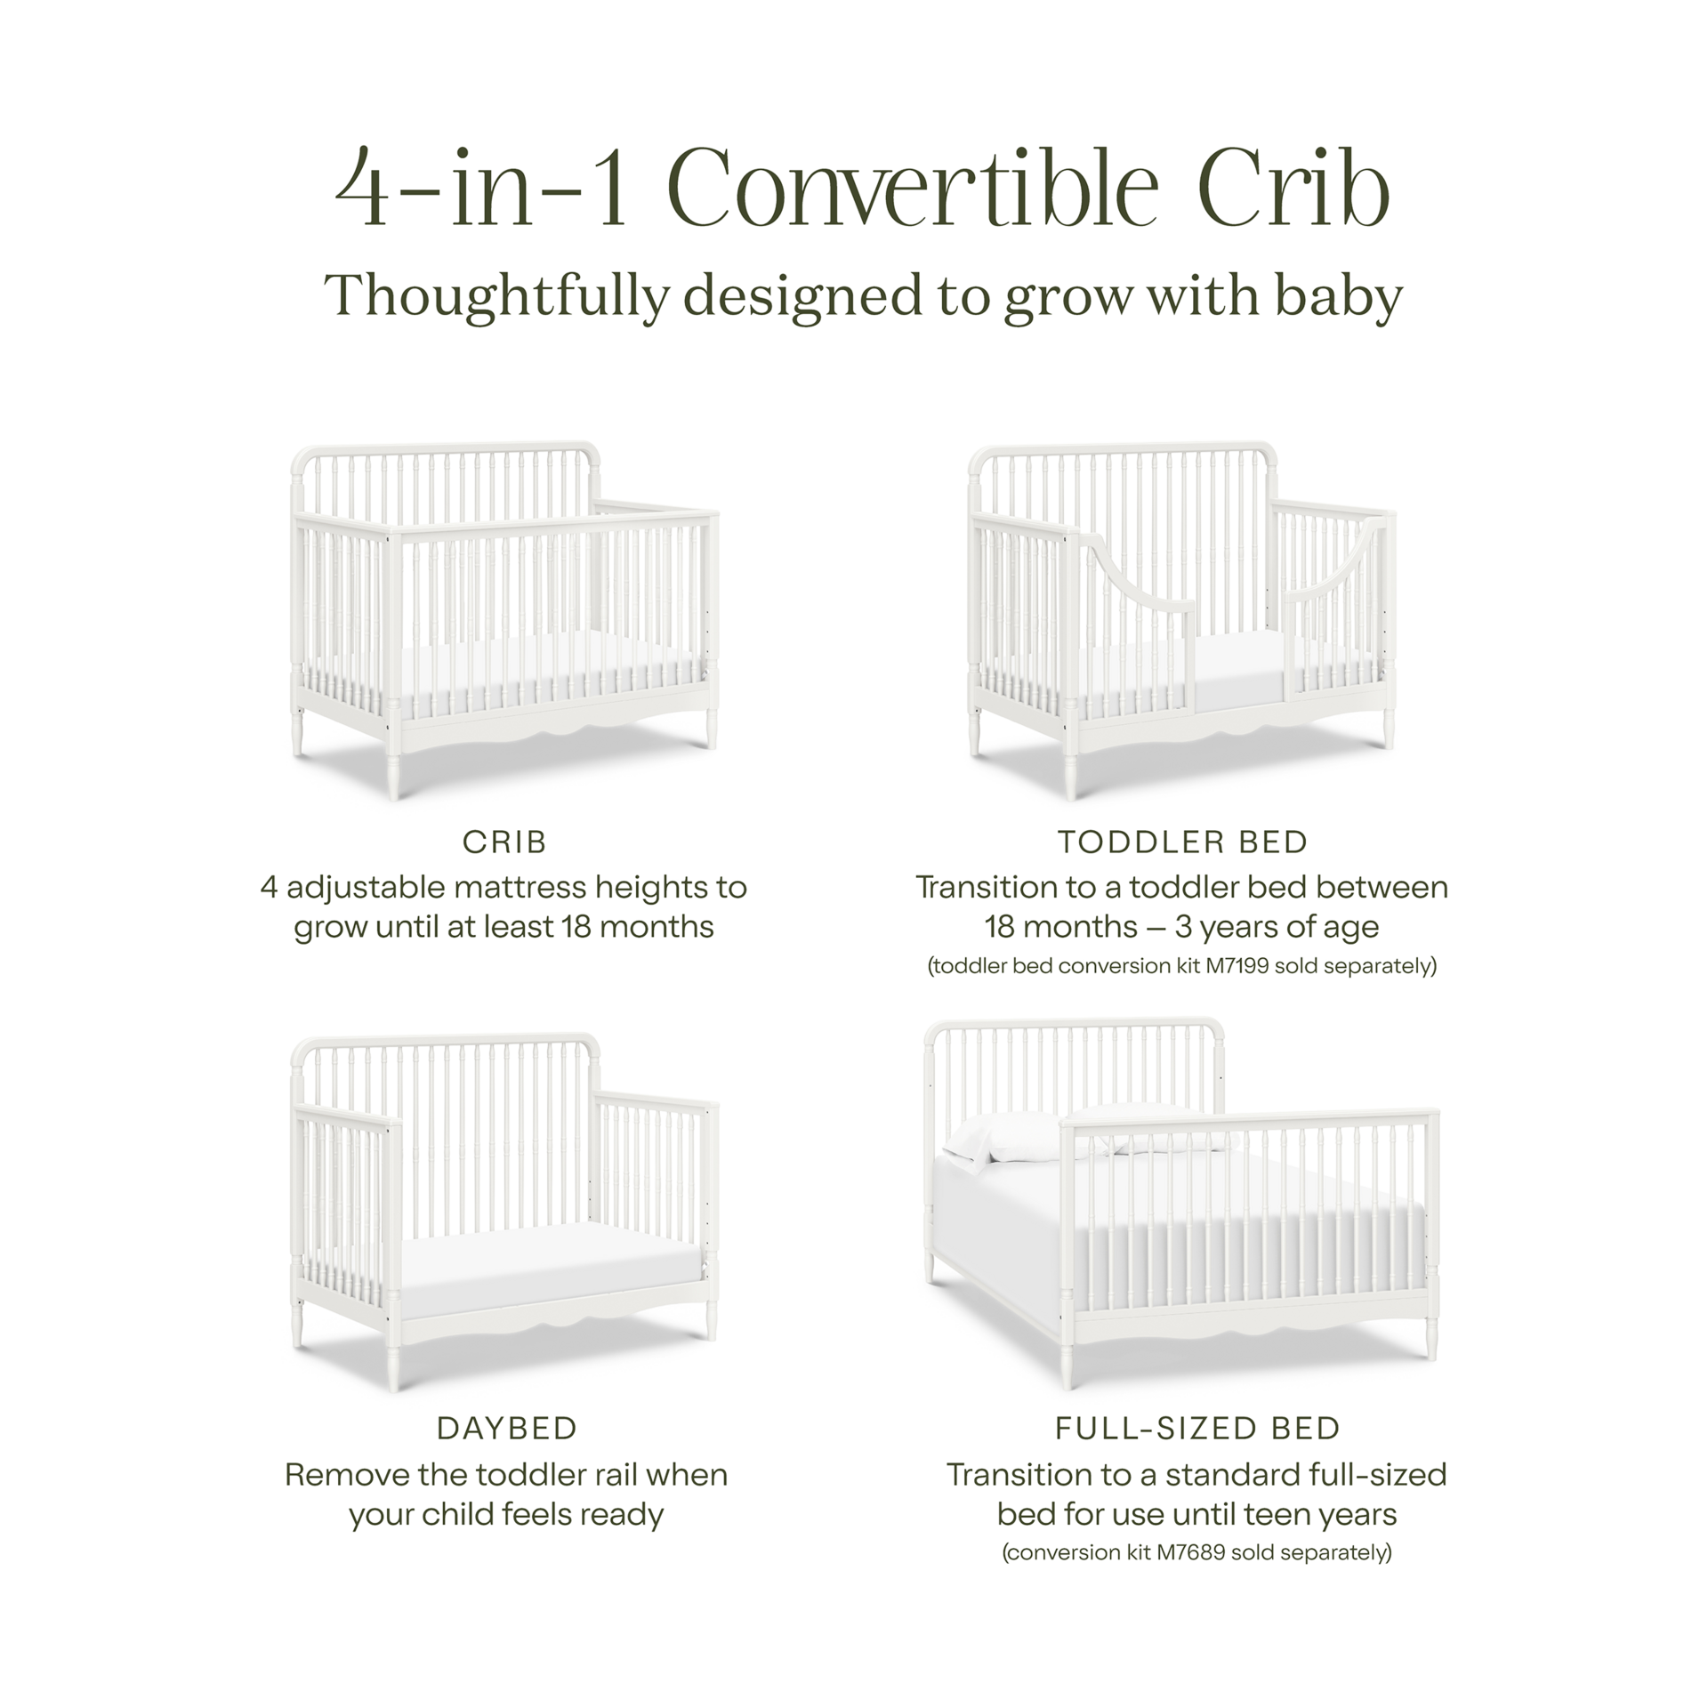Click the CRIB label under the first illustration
(x=504, y=842)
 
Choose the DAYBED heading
(x=506, y=1429)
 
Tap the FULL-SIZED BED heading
(x=1196, y=1429)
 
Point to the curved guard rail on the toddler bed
(x=1134, y=578)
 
